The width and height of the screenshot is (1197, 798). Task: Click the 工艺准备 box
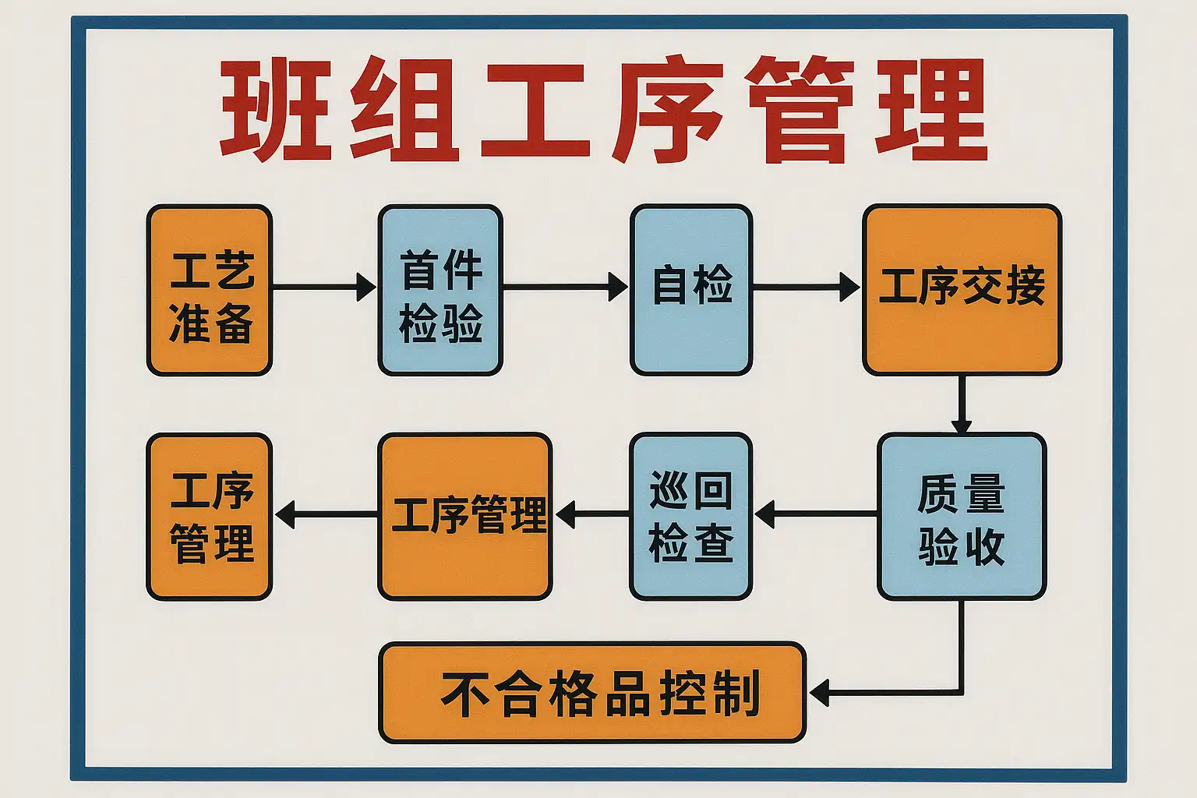[x=210, y=290]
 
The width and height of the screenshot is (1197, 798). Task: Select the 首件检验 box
[x=440, y=290]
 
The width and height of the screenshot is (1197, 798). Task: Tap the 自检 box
[x=691, y=290]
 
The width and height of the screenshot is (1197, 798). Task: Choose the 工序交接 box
[x=962, y=290]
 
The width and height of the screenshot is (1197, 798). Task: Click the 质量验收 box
[x=961, y=517]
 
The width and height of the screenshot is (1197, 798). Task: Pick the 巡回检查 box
[x=690, y=517]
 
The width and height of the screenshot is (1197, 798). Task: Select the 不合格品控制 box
[x=592, y=692]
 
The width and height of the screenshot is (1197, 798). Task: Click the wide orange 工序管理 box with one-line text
[x=465, y=517]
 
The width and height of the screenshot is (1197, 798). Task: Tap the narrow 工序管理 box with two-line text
[x=210, y=517]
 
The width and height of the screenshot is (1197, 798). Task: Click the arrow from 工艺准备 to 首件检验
[x=324, y=287]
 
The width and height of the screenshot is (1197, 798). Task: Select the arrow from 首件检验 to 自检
[x=565, y=287]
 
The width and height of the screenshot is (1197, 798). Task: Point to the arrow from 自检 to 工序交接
[x=806, y=287]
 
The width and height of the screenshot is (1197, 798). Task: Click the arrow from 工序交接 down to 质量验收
[x=962, y=404]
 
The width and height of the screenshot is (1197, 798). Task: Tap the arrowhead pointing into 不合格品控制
[x=820, y=692]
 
